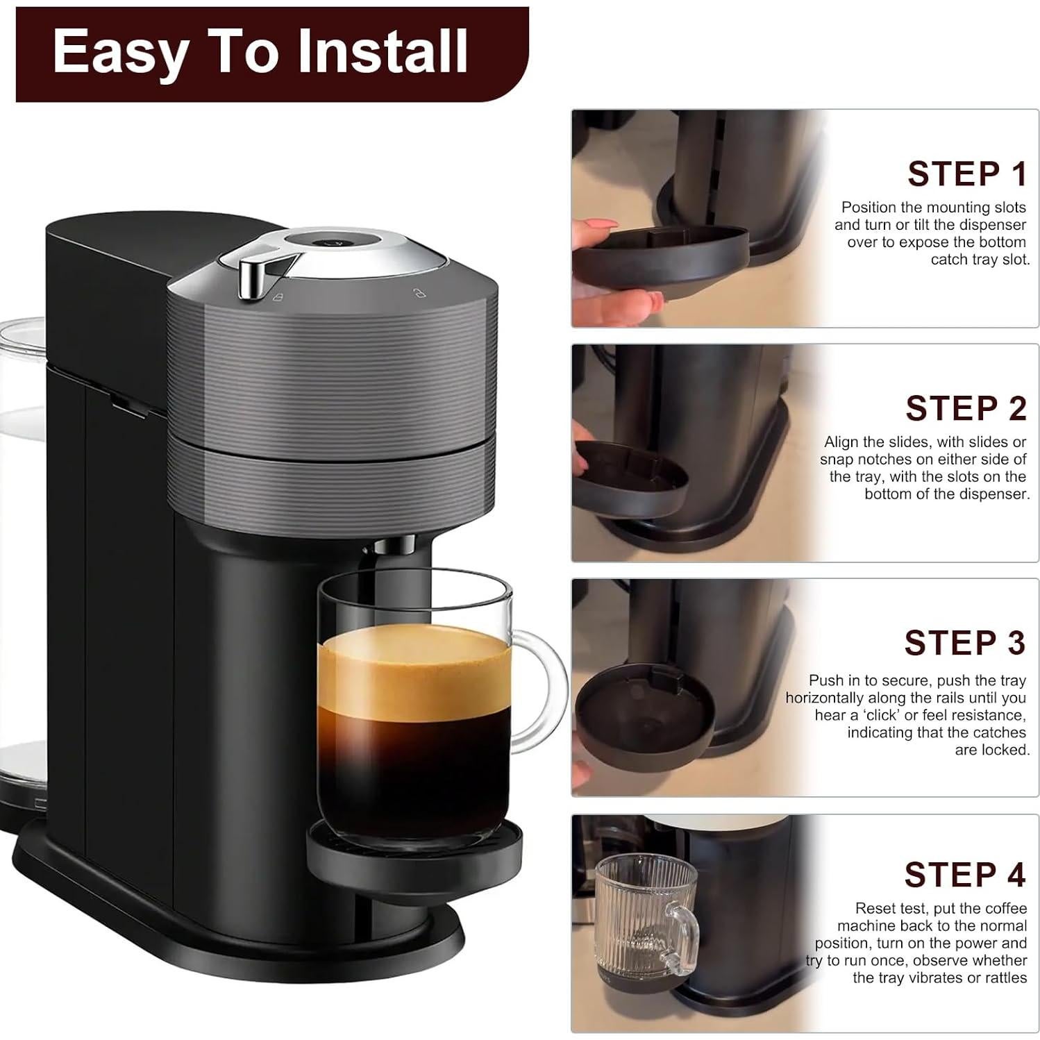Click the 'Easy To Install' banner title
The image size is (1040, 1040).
[x=260, y=52]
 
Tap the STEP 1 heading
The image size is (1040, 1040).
[x=966, y=174]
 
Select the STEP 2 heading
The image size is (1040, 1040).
[x=966, y=408]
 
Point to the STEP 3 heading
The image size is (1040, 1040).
[x=964, y=643]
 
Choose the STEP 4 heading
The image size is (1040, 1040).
[x=964, y=875]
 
